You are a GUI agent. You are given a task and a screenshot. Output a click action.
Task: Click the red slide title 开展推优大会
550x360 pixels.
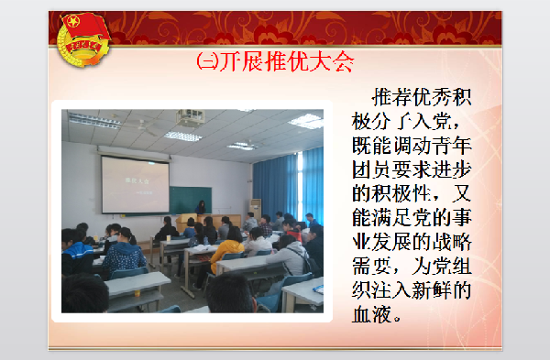click(x=275, y=61)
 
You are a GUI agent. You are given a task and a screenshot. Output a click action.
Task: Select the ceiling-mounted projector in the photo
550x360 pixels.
click(x=190, y=117)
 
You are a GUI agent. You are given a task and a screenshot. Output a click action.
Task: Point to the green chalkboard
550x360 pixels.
click(x=190, y=199)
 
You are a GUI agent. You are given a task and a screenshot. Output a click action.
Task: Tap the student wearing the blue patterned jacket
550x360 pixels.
click(x=123, y=256)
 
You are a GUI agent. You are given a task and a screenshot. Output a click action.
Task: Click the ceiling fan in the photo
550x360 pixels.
click(x=147, y=124)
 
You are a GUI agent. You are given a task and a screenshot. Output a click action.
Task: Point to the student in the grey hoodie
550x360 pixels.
click(x=291, y=259)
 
